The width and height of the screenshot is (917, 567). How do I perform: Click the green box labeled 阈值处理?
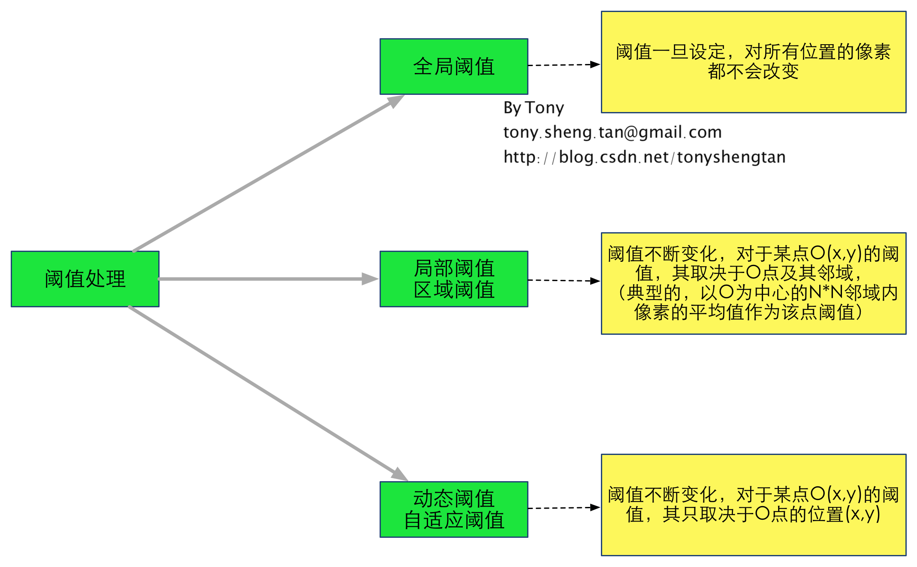click(85, 279)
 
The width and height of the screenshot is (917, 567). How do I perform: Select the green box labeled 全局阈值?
click(454, 67)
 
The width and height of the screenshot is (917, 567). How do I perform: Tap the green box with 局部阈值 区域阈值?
click(454, 279)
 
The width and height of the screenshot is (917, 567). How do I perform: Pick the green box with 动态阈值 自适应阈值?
click(454, 509)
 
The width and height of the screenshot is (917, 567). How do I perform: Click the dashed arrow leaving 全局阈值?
click(564, 65)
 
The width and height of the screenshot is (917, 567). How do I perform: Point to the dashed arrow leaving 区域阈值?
click(564, 281)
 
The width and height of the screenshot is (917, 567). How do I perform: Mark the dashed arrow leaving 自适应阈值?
click(564, 508)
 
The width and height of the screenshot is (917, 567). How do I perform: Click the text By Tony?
click(534, 107)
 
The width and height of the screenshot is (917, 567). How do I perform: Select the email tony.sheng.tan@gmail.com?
click(612, 132)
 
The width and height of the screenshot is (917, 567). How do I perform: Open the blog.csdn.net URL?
click(645, 157)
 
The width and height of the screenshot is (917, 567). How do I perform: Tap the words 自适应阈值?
click(454, 520)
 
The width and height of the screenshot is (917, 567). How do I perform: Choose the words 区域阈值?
click(454, 290)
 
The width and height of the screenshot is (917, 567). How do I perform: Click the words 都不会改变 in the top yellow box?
click(753, 71)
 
